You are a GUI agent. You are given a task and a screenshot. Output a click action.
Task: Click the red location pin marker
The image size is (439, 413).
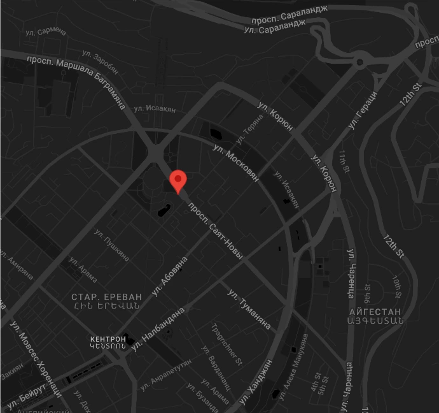pos(178,181)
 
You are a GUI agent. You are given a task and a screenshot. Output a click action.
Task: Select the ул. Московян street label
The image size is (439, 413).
pos(236,162)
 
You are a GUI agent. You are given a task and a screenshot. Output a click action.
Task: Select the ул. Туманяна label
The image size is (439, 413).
pos(249,308)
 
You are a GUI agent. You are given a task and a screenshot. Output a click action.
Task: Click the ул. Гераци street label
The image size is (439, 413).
pos(363,110)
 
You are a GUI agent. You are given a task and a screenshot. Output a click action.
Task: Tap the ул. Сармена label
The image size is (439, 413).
pos(45,31)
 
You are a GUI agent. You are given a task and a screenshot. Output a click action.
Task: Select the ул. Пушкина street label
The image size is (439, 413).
pos(112,245)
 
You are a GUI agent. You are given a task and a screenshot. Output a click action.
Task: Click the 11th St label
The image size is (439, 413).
pos(343,162)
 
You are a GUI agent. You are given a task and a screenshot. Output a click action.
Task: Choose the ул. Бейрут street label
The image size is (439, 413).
pos(25,395)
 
